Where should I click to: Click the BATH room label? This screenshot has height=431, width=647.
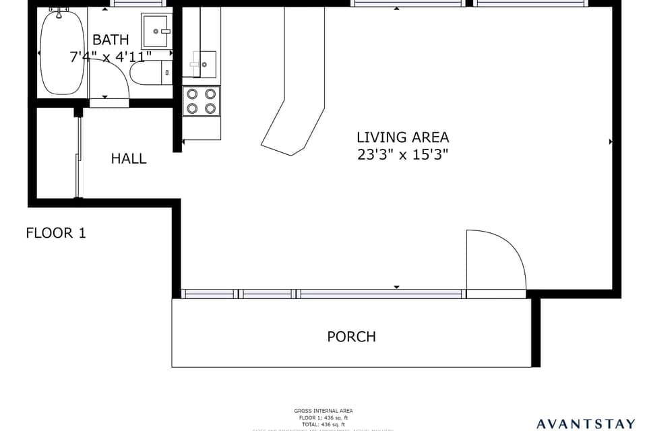[x=111, y=40]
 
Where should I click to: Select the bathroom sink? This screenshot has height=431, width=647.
[x=156, y=30]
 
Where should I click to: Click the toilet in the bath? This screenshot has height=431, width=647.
[x=150, y=72]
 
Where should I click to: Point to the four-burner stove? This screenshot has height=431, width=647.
[x=201, y=101]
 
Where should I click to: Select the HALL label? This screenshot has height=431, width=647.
[x=129, y=159]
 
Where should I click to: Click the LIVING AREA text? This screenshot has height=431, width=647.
[x=402, y=137]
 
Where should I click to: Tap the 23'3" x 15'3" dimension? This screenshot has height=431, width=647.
[x=402, y=154]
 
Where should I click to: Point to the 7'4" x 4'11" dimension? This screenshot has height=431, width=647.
[x=111, y=57]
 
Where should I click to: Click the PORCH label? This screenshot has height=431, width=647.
[x=351, y=337]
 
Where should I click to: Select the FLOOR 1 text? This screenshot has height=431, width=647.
[x=56, y=234]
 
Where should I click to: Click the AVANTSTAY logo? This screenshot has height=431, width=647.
[x=585, y=424]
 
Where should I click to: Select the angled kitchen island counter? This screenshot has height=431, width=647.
[x=295, y=101]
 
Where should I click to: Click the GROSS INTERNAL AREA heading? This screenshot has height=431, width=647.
[x=323, y=411]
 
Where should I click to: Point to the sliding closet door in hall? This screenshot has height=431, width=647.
[x=79, y=155]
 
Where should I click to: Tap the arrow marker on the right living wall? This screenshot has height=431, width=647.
[x=611, y=142]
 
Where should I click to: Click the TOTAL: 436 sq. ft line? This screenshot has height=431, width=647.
[x=323, y=424]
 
